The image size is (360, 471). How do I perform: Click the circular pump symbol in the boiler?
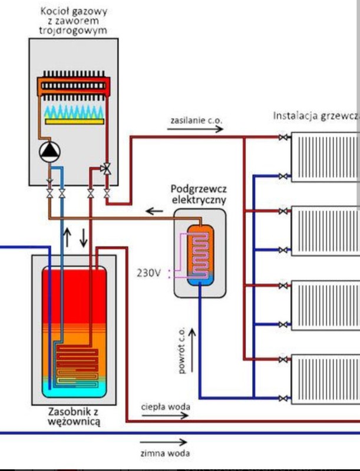48,152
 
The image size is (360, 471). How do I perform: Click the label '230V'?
148,273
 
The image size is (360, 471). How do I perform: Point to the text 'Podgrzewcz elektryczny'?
199,194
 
